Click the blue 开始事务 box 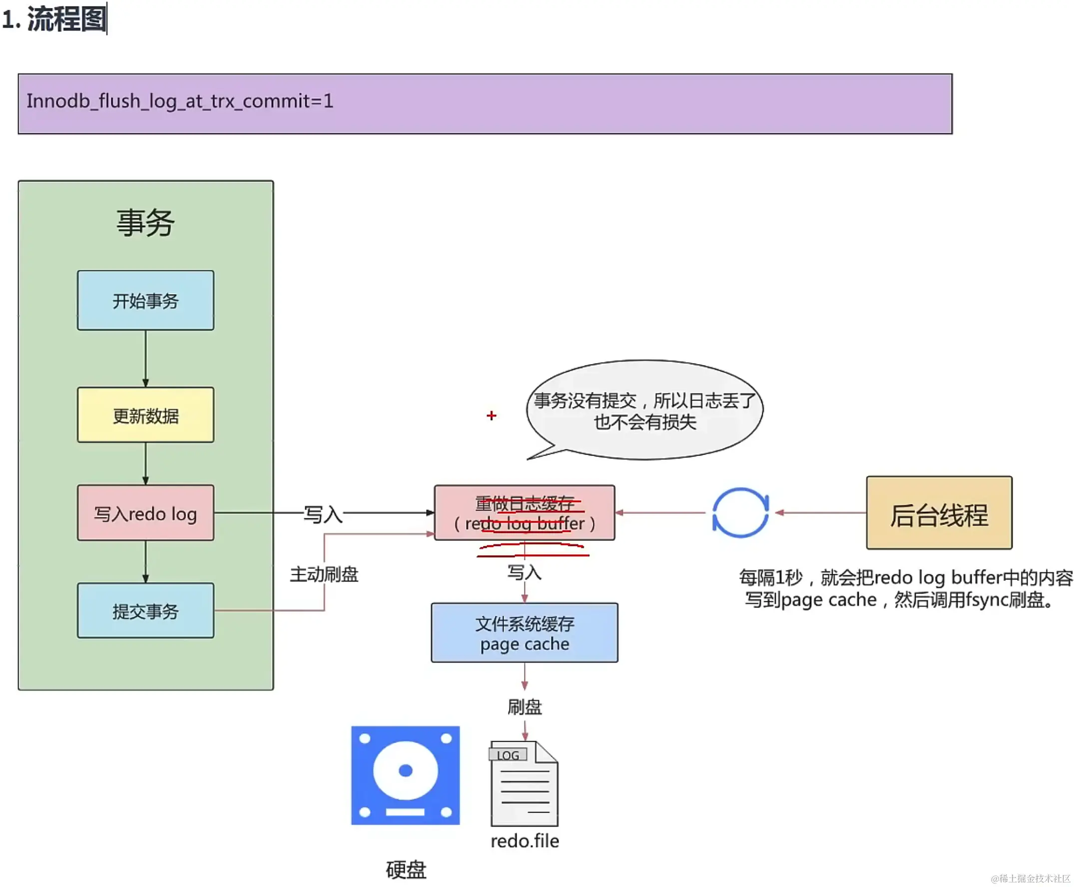click(146, 301)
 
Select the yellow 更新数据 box click(146, 415)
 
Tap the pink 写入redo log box click(146, 513)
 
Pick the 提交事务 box click(146, 611)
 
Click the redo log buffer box click(525, 513)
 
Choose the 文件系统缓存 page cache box click(525, 633)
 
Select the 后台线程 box click(940, 513)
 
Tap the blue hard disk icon click(406, 776)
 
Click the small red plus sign click(492, 416)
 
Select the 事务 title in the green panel click(146, 223)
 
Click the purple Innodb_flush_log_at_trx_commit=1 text click(180, 101)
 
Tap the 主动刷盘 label click(325, 575)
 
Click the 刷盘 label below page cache click(525, 707)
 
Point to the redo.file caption click(525, 841)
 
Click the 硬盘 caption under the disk click(406, 870)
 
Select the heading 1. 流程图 click(54, 19)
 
